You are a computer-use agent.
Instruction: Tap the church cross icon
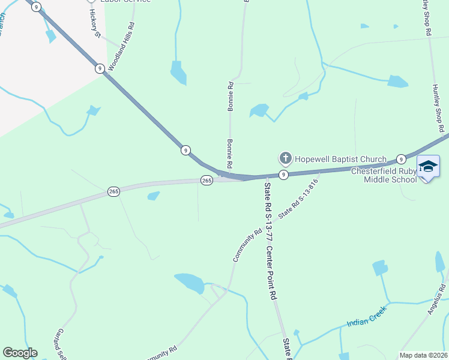point(285,158)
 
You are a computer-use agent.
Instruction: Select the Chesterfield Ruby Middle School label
point(384,175)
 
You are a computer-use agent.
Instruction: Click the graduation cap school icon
point(427,167)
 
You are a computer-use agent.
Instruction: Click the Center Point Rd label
point(272,273)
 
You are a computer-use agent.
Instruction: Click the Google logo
point(20,353)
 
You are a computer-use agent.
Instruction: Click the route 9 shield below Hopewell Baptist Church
point(284,175)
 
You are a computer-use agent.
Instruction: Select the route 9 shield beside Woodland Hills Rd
point(100,68)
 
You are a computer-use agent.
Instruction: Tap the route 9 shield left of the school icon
point(401,160)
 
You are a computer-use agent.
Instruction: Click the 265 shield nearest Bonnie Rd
point(206,180)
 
